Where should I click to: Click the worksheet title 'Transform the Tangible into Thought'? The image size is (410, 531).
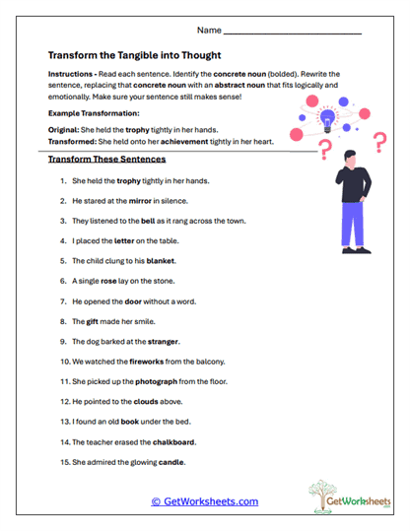pyautogui.click(x=134, y=55)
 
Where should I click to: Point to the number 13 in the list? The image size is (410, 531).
pyautogui.click(x=64, y=422)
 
